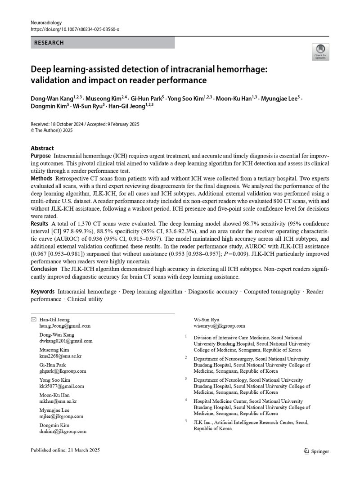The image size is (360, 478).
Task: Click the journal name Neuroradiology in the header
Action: [46, 22]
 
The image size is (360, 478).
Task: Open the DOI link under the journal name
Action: [75, 29]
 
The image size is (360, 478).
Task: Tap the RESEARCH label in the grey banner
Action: [49, 43]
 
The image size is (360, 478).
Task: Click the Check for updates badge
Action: [320, 52]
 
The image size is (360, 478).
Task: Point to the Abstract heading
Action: [42, 148]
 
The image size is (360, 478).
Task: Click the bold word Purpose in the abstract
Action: [40, 155]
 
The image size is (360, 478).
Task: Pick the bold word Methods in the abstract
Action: [41, 179]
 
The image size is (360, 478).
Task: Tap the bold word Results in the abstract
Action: [40, 224]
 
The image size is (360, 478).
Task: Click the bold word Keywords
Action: [43, 292]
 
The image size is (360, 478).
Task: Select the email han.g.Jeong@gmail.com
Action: [65, 326]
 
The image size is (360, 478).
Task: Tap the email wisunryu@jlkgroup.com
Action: [219, 326]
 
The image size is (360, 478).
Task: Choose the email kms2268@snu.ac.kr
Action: [61, 356]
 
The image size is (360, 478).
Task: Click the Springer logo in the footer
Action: [317, 451]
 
